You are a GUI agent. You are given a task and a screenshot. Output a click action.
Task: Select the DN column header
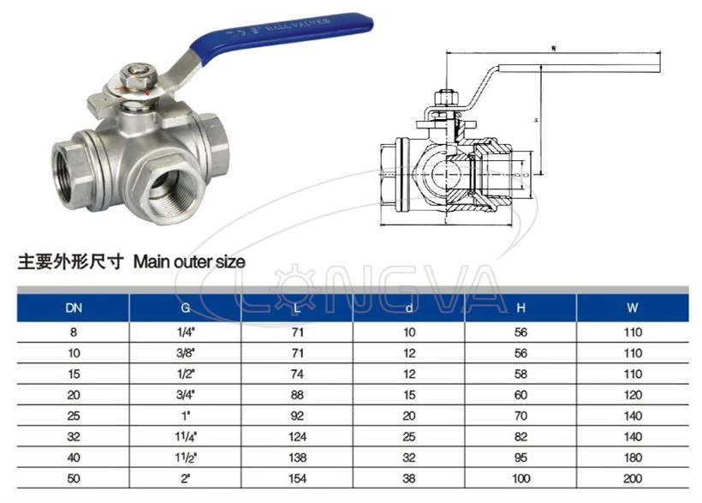pos(74,307)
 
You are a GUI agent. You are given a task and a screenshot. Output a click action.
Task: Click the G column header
pos(185,307)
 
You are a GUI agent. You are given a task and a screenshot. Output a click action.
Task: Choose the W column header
pos(633,307)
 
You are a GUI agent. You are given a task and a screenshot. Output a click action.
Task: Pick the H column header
pos(521,307)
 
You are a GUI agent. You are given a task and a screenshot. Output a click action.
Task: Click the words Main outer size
pos(189,261)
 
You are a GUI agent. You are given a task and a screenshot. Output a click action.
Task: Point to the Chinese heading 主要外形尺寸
pos(71,261)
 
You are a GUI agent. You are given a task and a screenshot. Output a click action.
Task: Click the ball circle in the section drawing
pos(446,172)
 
